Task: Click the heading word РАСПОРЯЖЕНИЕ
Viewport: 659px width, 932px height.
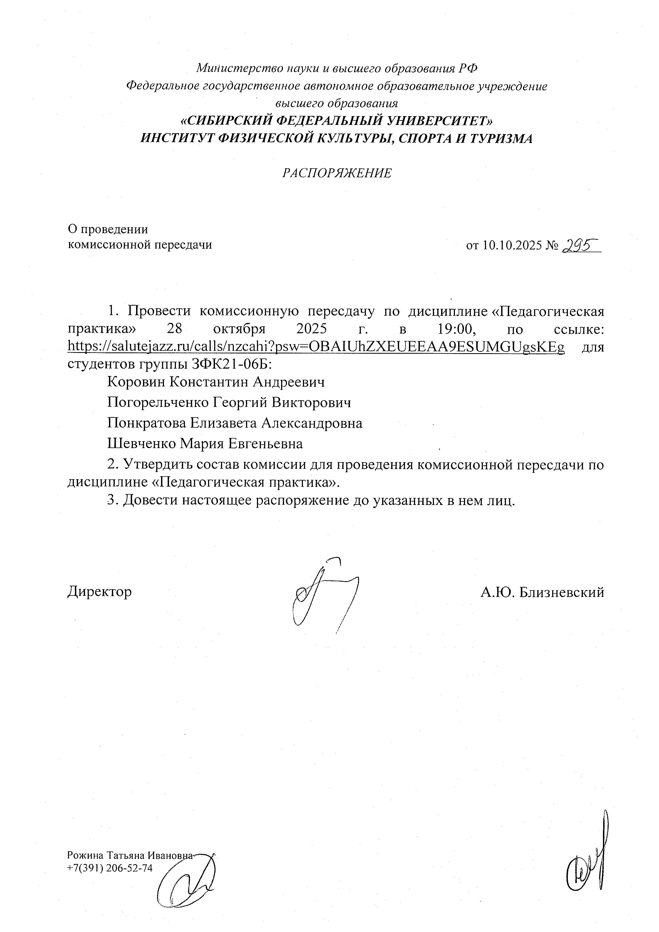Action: pyautogui.click(x=337, y=173)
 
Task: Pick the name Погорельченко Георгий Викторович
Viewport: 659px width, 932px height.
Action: pyautogui.click(x=229, y=402)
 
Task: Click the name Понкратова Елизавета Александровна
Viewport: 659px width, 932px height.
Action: pyautogui.click(x=235, y=423)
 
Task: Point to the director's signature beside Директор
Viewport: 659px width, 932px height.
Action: pyautogui.click(x=325, y=595)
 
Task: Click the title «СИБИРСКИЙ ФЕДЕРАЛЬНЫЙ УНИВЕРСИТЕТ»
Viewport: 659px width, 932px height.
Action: pyautogui.click(x=337, y=121)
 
